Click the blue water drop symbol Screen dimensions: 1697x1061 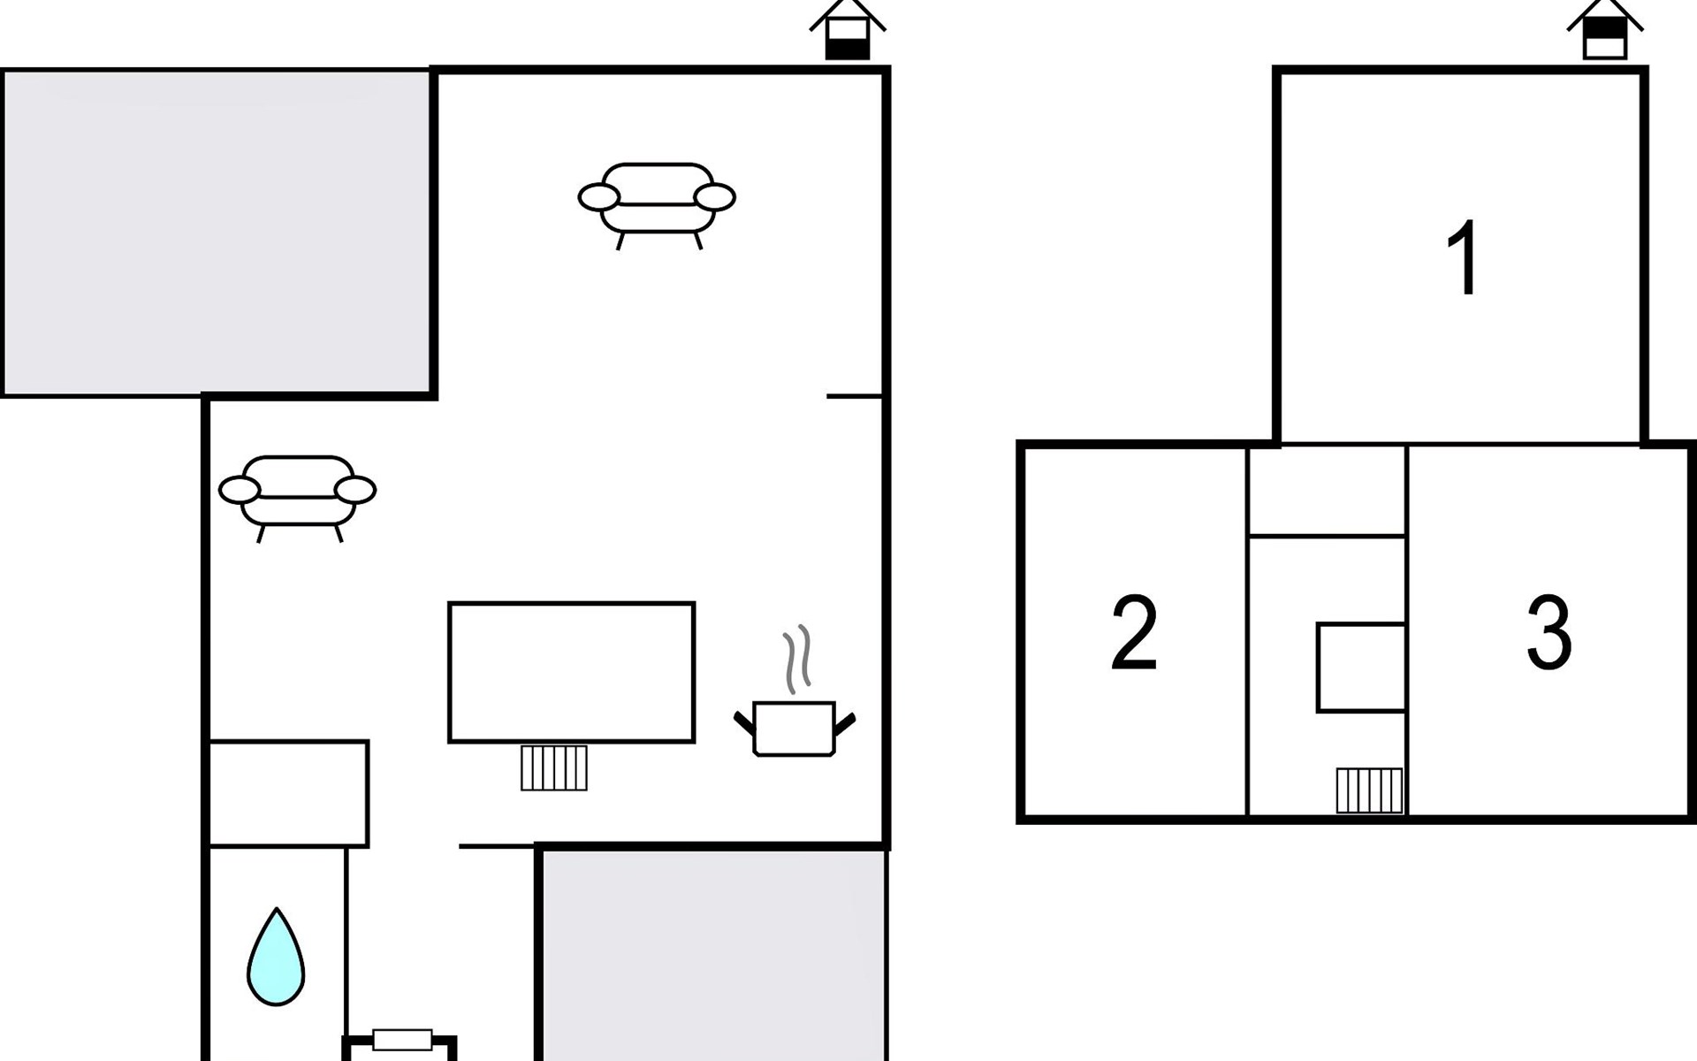click(276, 957)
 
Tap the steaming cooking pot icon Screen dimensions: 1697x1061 click(795, 729)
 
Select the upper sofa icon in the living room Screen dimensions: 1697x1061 click(657, 203)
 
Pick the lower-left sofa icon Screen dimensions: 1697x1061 click(298, 496)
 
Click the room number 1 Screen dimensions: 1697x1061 click(1464, 257)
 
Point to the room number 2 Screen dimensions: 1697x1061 click(1134, 632)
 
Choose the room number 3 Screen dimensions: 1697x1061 click(1549, 632)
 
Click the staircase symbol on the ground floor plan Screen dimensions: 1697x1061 click(554, 767)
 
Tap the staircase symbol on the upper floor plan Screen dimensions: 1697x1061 click(1369, 790)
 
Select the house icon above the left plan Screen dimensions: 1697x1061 click(847, 29)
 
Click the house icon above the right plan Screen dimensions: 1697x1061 click(1604, 29)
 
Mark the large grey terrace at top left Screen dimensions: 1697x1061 click(217, 233)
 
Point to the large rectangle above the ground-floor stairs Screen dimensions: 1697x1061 click(571, 672)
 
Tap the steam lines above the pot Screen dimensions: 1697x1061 click(796, 659)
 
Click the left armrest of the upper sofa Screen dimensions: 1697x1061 click(599, 197)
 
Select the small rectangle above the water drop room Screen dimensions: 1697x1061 click(288, 794)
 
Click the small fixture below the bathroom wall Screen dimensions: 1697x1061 click(402, 1039)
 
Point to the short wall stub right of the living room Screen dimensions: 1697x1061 click(855, 396)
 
